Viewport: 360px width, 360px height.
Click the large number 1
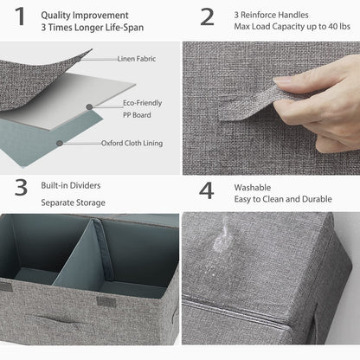coord(18,18)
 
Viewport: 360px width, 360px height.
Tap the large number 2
coord(207,17)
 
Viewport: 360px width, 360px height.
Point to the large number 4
coord(207,191)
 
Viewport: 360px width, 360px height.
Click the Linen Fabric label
coord(137,59)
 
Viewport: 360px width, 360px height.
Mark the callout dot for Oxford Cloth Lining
coord(60,143)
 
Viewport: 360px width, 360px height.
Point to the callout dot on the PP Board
coord(88,107)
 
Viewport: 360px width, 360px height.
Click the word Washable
coord(254,187)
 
